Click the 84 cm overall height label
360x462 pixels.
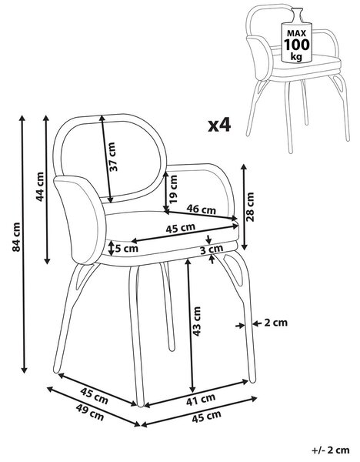16,237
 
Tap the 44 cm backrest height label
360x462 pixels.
40,186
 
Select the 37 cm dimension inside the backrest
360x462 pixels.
113,156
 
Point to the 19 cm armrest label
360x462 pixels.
174,189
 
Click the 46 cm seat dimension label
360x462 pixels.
201,209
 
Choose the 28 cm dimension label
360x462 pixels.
250,206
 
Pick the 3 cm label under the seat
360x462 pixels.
212,249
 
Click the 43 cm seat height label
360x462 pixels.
196,321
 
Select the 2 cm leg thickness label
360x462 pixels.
275,323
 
